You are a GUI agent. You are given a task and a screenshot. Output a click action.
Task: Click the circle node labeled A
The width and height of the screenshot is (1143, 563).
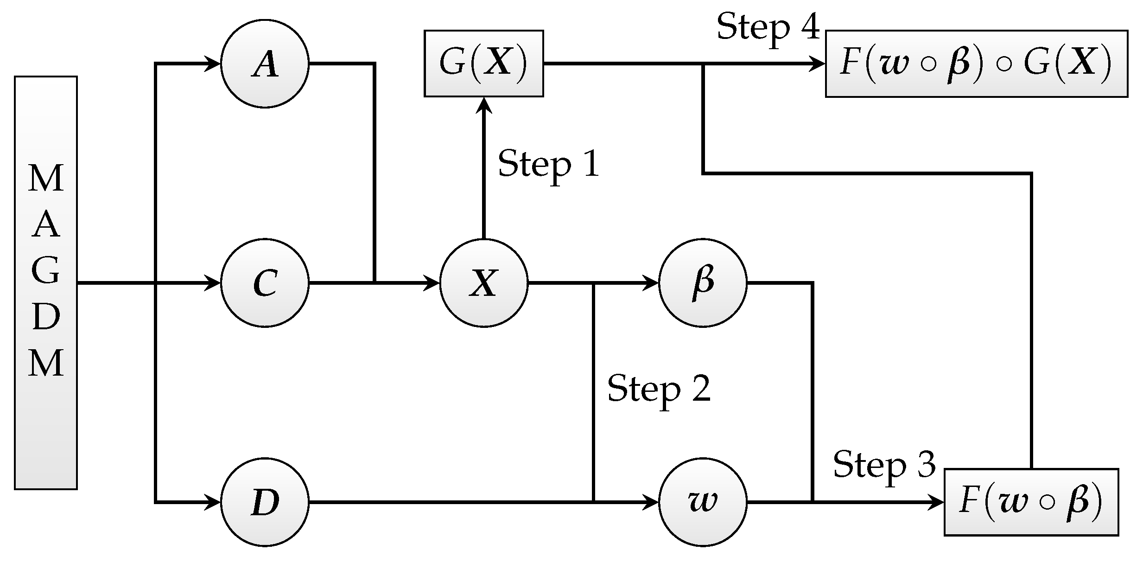tap(265, 64)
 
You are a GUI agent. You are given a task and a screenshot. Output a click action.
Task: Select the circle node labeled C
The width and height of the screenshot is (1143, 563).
tap(265, 283)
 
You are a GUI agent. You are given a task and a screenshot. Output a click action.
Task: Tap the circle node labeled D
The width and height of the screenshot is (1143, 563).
tap(265, 502)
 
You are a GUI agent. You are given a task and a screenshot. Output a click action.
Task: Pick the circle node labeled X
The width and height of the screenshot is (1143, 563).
tap(483, 283)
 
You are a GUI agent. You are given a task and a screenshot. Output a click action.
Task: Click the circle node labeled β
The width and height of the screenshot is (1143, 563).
tap(703, 283)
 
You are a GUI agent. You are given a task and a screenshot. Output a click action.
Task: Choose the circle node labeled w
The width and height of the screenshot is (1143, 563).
tap(703, 502)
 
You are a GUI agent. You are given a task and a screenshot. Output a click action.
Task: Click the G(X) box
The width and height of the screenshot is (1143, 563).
tap(483, 64)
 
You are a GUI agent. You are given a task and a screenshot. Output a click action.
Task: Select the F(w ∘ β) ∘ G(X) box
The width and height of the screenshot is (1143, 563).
tap(976, 64)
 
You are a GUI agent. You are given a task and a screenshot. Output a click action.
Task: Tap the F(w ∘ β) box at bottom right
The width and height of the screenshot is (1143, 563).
tap(1031, 502)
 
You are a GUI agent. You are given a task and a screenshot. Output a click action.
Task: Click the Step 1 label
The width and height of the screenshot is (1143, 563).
tap(548, 164)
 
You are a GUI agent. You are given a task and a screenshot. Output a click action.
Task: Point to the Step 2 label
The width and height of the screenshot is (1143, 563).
tap(658, 389)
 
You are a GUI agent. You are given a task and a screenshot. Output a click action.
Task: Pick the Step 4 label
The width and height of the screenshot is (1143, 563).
tap(768, 26)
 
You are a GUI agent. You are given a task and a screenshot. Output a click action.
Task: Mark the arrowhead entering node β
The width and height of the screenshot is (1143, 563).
tap(651, 283)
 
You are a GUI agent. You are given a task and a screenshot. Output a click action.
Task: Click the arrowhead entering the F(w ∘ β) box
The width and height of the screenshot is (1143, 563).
tap(936, 502)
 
